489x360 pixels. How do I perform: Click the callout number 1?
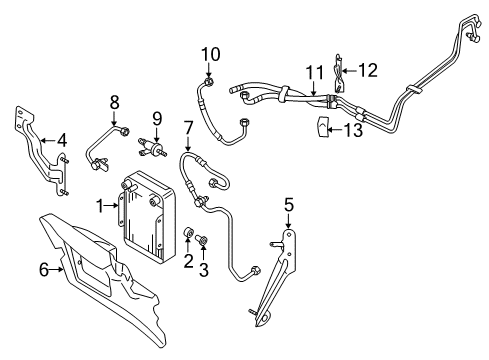click(100, 206)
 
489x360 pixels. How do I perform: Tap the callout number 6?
click(44, 269)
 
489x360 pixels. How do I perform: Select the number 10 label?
click(211, 54)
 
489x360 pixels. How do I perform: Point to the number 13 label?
click(353, 130)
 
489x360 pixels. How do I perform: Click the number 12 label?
click(368, 70)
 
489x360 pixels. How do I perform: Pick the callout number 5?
click(289, 205)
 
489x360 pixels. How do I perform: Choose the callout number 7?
click(188, 128)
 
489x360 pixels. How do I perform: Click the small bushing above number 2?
click(188, 232)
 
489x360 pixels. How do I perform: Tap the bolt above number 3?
click(202, 239)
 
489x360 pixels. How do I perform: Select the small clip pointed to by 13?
click(322, 126)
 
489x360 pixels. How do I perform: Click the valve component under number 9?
click(152, 147)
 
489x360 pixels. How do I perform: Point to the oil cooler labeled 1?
click(148, 214)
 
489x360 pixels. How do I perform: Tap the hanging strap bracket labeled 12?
click(338, 73)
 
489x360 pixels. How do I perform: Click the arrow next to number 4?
click(47, 141)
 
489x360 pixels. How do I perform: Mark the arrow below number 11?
click(313, 88)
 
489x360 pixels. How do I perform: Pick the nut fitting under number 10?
click(209, 81)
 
